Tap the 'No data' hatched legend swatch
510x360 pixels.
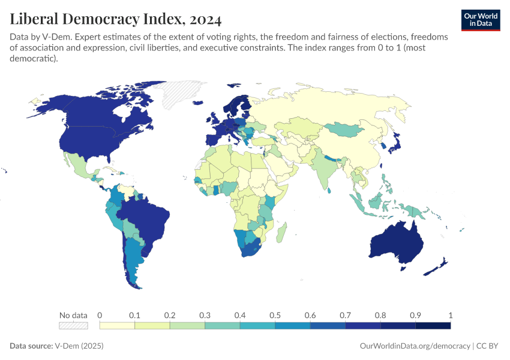tap(73, 325)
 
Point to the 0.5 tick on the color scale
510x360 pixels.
tap(275, 315)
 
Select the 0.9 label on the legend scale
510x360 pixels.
tap(416, 315)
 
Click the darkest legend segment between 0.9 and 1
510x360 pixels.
tap(433, 325)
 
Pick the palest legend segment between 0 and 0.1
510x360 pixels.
tap(117, 325)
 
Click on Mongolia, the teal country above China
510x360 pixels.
tap(346, 128)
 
